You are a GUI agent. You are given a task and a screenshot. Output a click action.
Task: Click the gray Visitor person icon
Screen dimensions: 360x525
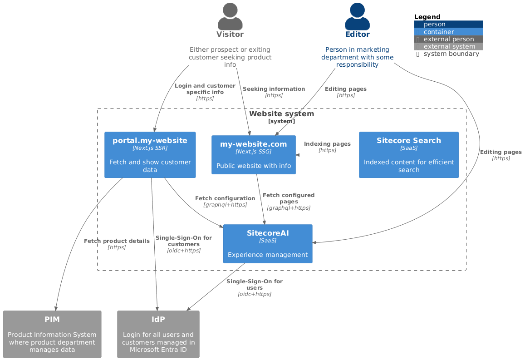(230, 16)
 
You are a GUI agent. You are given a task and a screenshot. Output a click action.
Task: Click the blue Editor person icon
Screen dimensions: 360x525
(357, 16)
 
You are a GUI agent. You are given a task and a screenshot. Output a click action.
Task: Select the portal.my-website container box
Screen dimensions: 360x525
(150, 155)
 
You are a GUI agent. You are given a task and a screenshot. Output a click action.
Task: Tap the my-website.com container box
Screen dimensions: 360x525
(254, 155)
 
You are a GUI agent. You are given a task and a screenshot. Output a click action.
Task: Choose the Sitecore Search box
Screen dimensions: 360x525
(408, 155)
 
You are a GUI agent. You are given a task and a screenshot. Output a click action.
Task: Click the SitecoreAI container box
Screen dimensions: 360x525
(268, 244)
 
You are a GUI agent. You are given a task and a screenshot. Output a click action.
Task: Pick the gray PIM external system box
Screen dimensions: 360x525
(52, 334)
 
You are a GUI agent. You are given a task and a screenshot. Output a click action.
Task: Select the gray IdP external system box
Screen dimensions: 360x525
(158, 334)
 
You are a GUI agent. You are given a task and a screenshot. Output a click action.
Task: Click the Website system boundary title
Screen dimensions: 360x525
(281, 114)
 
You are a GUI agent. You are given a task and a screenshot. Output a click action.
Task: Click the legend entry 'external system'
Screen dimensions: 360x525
(449, 46)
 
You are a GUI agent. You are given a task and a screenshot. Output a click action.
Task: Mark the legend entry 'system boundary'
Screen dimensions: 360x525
(451, 54)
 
